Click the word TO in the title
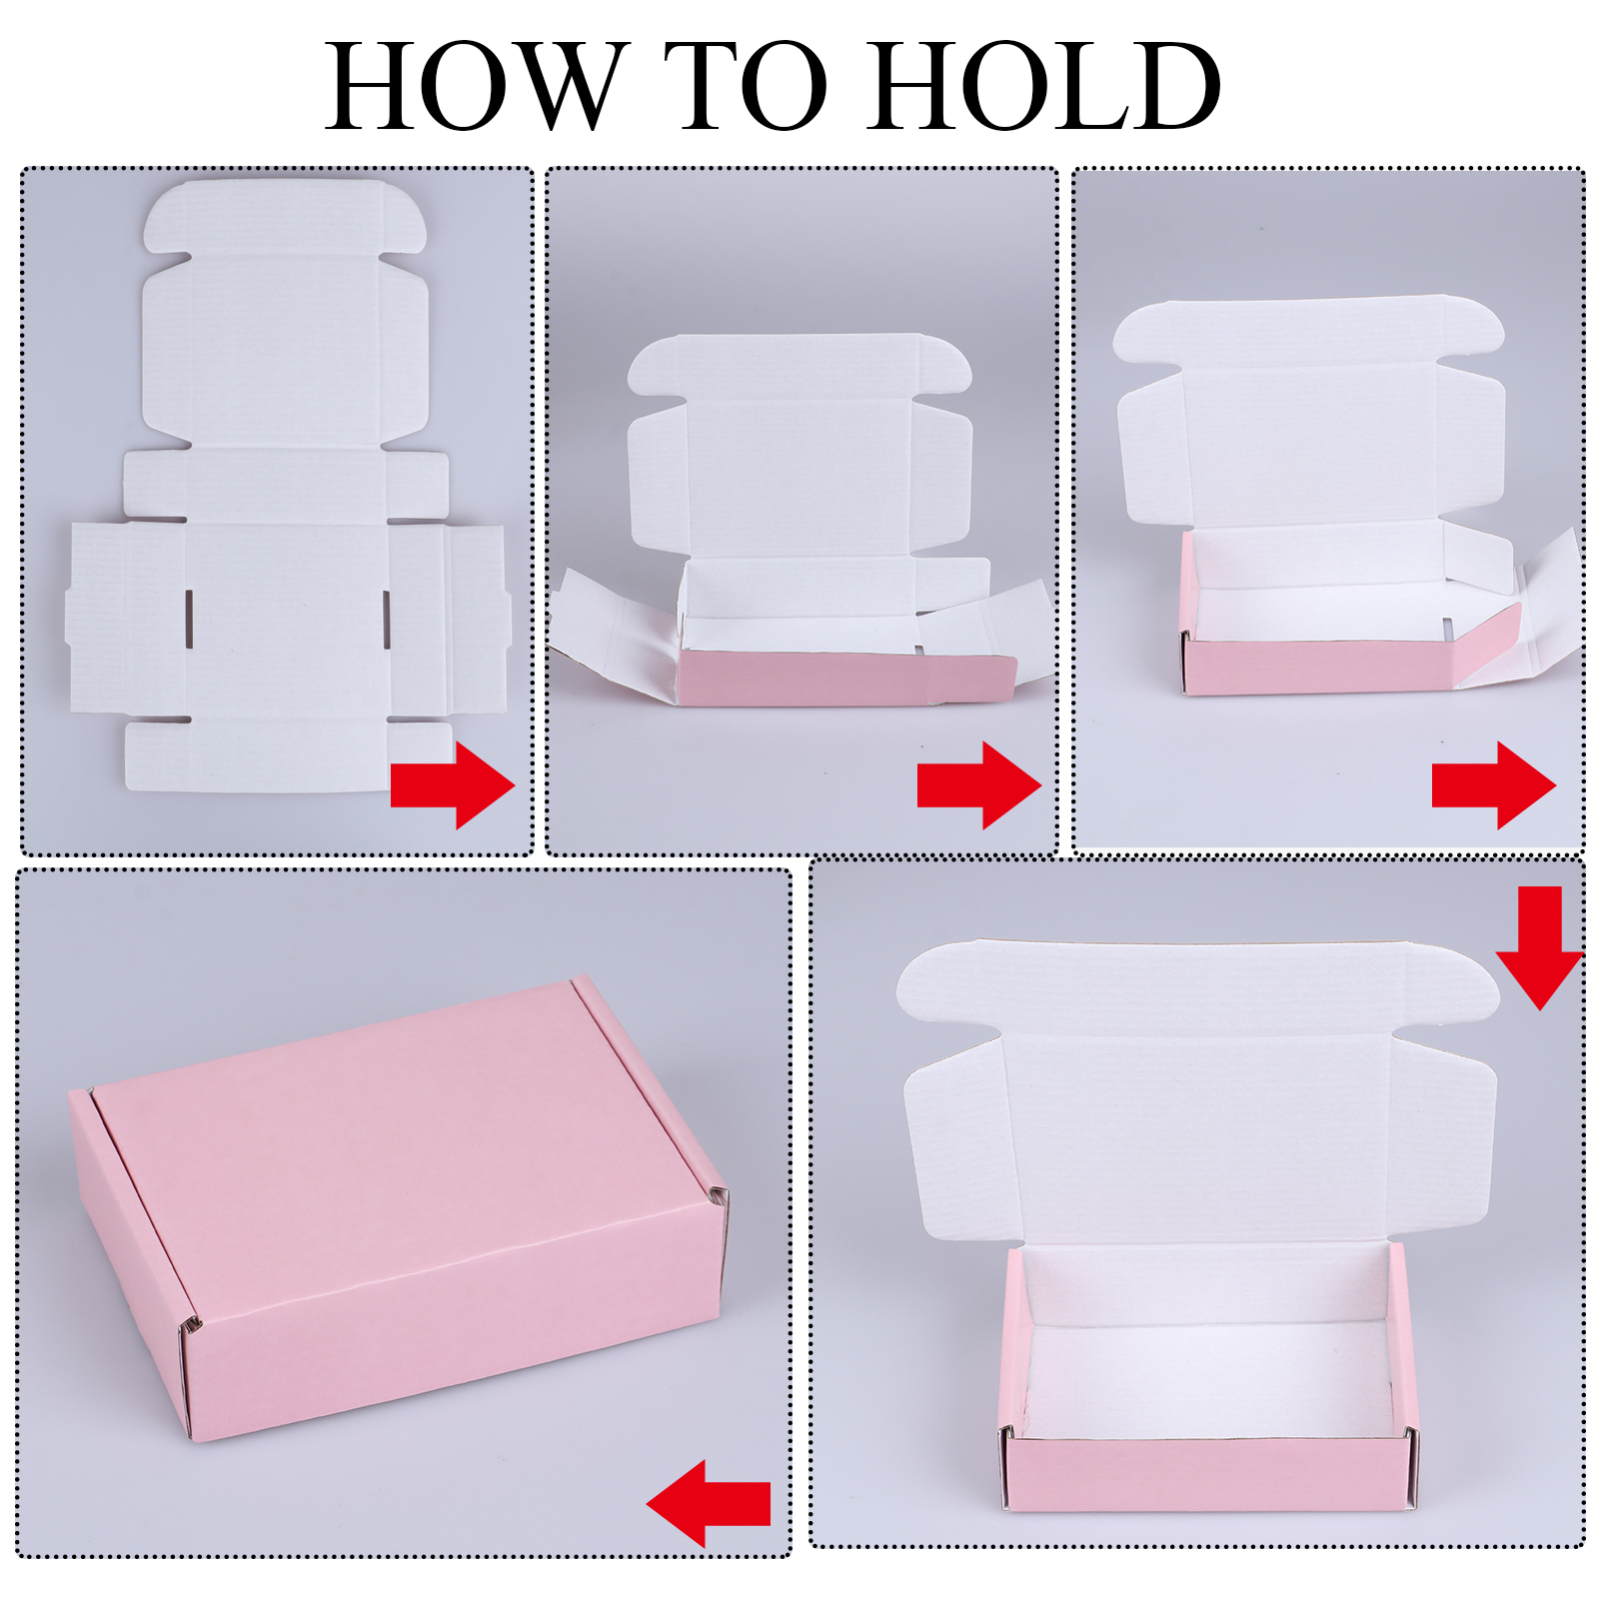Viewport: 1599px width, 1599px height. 747,86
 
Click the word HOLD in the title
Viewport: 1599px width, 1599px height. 1043,86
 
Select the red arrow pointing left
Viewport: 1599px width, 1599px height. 708,1503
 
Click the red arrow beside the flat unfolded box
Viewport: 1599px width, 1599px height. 453,785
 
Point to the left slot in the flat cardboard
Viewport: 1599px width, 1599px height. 188,619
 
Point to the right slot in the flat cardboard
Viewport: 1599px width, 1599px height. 386,619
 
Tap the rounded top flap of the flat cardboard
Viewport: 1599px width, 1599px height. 285,217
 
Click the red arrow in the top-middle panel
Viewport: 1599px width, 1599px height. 979,785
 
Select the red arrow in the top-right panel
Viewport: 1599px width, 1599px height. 1494,785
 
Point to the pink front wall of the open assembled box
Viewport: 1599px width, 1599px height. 1209,1474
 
